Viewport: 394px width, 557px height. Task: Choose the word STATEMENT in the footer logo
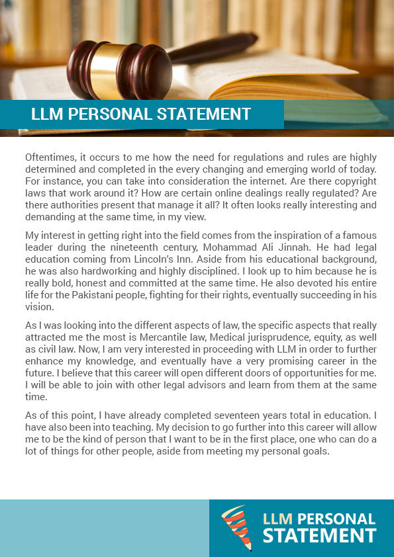pos(319,535)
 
